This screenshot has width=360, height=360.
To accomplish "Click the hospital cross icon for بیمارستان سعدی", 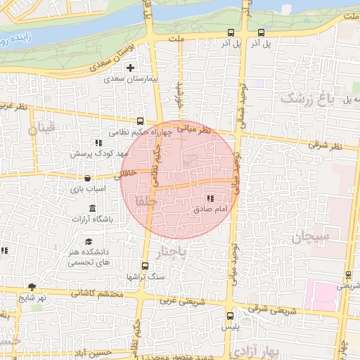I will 130,68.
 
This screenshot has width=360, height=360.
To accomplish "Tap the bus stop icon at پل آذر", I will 262,32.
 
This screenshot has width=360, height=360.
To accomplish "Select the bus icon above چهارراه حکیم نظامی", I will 140,120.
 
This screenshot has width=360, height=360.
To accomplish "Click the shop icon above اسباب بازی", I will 87,179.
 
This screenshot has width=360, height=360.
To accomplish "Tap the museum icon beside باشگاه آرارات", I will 93,208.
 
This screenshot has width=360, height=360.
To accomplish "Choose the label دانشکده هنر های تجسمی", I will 86,257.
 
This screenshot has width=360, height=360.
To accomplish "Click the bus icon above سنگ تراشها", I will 145,266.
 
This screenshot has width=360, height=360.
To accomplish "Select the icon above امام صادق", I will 210,199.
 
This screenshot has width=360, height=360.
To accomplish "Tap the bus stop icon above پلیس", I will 230,316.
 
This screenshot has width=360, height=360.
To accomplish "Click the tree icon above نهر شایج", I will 32,286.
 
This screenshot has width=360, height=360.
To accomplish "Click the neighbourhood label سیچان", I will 311,237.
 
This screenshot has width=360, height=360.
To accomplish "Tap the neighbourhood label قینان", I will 41,129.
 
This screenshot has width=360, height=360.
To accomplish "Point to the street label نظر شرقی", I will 324,146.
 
